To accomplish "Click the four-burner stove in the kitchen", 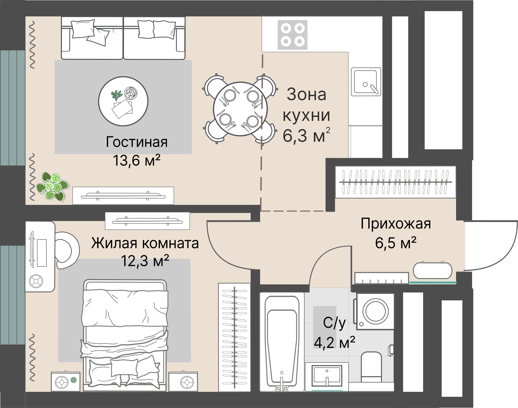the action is point(293,35).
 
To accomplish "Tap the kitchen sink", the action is point(366,82).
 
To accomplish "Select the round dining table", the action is point(240,109).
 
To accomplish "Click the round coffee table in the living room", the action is point(123,101).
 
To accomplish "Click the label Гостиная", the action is point(137,142).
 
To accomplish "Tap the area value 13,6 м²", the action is point(137,160).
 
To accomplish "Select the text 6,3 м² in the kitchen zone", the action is point(306,135).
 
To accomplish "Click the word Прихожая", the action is point(396,224).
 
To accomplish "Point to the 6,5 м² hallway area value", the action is point(396,243).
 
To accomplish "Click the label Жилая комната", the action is point(145,243).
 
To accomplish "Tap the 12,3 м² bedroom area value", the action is point(145,261).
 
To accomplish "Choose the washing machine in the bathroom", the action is point(375,311).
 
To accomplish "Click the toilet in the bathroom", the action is point(372,367).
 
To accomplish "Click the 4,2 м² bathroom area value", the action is point(335,342).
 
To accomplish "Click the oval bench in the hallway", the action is point(433,271).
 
